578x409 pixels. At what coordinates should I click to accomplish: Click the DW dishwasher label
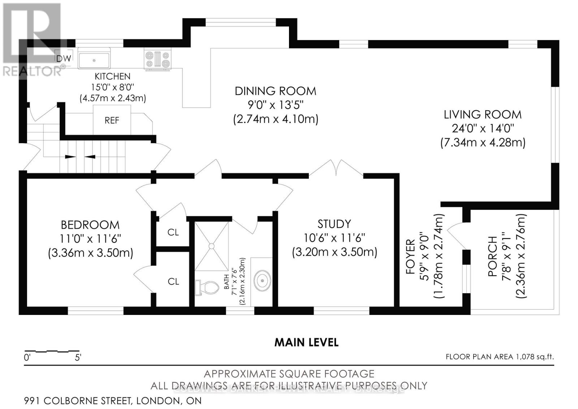(64, 58)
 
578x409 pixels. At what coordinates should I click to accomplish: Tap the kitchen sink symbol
(94, 60)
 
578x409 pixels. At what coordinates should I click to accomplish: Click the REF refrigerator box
(112, 120)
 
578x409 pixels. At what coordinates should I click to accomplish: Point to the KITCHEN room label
(112, 76)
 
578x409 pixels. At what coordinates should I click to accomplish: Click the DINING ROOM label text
(275, 91)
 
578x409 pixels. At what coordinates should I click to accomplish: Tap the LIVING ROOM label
(482, 115)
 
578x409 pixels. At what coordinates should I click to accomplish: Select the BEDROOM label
(90, 225)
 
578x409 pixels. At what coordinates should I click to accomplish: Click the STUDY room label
(334, 224)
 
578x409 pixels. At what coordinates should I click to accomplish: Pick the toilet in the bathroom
(208, 287)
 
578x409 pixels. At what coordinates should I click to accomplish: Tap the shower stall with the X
(212, 246)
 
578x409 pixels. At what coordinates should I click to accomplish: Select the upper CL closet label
(173, 233)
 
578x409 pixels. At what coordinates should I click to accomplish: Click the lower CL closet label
(173, 281)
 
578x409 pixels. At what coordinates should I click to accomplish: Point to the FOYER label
(411, 257)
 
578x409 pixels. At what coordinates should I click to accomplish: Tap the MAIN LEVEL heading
(306, 342)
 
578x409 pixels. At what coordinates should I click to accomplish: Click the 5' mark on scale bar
(78, 358)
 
